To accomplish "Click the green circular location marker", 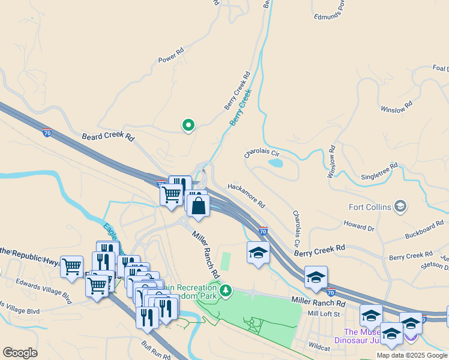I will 188,125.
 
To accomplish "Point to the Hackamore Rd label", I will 246,196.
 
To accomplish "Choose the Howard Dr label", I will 358,227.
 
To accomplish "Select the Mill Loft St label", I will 324,314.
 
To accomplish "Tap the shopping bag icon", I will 199,206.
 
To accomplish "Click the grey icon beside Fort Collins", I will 400,208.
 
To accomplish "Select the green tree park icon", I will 226,292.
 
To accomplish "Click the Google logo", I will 20,353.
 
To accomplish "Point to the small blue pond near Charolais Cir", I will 276,162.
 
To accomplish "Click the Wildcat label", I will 320,346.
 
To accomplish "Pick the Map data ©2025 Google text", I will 412,355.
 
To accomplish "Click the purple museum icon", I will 411,337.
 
